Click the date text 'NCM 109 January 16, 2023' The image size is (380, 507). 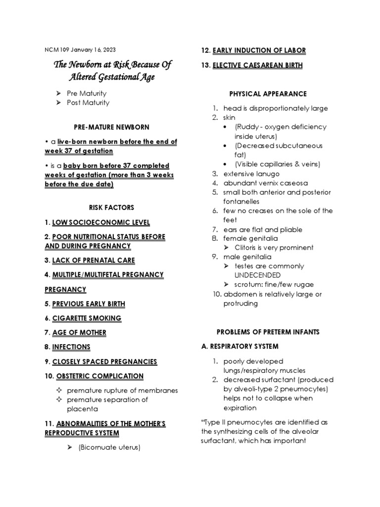81,50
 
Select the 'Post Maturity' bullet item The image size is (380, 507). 88,102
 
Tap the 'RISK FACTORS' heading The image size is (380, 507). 111,207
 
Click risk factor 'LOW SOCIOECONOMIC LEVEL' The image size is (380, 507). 101,222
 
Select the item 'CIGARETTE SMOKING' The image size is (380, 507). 87,318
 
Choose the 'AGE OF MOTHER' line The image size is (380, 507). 79,332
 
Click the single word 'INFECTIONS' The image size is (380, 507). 71,347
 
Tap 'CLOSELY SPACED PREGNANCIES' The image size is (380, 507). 104,361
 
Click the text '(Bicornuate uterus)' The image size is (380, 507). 109,447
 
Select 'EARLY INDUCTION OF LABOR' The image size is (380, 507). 259,51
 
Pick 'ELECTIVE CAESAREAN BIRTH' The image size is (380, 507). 257,65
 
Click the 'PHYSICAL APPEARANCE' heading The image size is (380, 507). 268,94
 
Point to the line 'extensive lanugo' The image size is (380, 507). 251,174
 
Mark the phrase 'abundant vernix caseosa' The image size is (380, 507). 262,183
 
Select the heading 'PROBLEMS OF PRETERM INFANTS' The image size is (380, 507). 268,332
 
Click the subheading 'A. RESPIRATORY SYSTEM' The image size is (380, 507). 240,346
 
